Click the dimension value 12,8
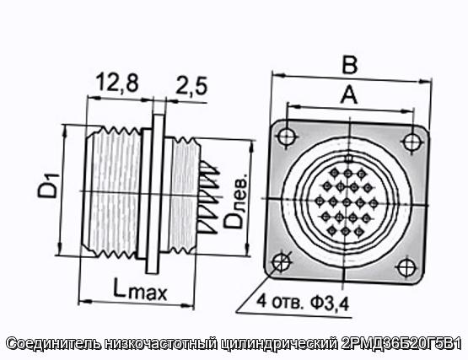click(117, 83)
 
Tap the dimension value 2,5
click(191, 86)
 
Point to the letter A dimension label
click(349, 94)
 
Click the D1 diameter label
click(48, 186)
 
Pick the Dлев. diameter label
click(235, 201)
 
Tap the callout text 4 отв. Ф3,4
click(303, 302)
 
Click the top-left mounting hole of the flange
click(288, 137)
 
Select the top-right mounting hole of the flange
click(412, 142)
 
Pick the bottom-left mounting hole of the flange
click(282, 262)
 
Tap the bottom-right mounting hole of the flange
click(406, 267)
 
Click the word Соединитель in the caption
click(53, 344)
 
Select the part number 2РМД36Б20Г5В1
click(401, 344)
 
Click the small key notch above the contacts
click(348, 159)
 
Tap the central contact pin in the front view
click(347, 202)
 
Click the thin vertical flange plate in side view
click(155, 193)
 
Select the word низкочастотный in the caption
click(161, 344)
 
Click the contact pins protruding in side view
click(209, 197)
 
